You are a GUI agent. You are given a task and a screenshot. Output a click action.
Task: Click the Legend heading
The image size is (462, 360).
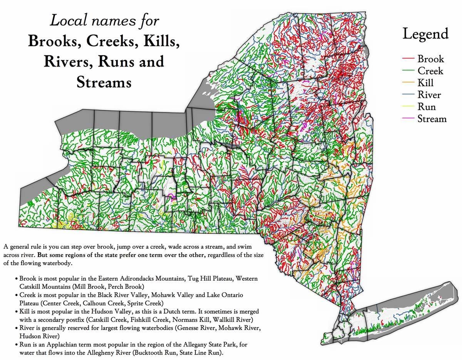pyautogui.click(x=425, y=34)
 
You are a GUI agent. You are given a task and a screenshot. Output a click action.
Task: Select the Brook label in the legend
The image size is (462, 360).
pyautogui.click(x=430, y=59)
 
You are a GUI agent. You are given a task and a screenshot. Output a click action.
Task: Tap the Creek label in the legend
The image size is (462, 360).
pyautogui.click(x=430, y=71)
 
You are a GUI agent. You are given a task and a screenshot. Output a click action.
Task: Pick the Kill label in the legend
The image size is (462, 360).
pyautogui.click(x=425, y=83)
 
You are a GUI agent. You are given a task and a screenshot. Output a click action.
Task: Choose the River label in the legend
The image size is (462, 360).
pyautogui.click(x=429, y=95)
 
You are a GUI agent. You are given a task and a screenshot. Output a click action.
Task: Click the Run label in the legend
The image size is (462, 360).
pyautogui.click(x=427, y=107)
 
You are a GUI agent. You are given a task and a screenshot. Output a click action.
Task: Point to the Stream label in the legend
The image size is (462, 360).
pyautogui.click(x=432, y=119)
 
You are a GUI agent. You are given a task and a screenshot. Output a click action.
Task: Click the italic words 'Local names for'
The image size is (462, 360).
pyautogui.click(x=104, y=20)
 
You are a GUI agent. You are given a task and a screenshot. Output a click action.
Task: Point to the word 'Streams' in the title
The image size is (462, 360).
pyautogui.click(x=104, y=82)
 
